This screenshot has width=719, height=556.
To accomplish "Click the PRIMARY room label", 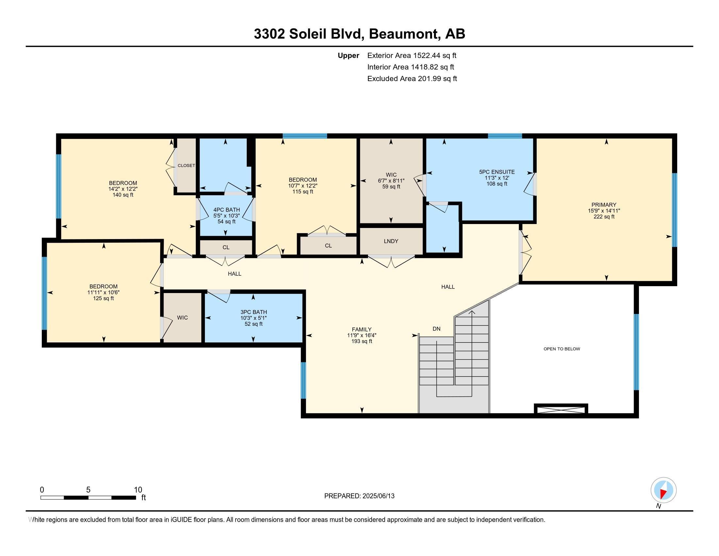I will [x=603, y=204].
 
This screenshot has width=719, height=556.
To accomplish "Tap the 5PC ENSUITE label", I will [x=497, y=172].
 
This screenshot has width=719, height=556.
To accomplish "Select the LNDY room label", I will [x=391, y=241].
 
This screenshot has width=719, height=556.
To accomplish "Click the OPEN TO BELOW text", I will [x=561, y=349].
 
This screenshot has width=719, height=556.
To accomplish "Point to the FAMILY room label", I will [x=361, y=329].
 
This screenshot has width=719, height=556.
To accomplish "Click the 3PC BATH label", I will [x=253, y=312].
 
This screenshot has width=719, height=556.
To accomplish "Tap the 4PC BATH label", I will [x=226, y=210].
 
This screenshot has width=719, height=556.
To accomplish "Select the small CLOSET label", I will [x=186, y=165].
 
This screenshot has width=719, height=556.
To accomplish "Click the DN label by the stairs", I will [x=436, y=329].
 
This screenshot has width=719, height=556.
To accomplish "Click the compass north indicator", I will [x=663, y=490].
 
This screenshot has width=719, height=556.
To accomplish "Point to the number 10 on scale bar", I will [x=138, y=490].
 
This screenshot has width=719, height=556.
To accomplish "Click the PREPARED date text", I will [x=359, y=496].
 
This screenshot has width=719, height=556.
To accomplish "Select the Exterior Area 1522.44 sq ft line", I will [x=411, y=55].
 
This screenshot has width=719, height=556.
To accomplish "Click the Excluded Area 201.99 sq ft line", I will [x=412, y=78].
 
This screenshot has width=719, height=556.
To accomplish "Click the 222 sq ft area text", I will [x=604, y=217].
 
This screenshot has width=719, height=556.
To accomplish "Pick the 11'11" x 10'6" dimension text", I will [x=103, y=292].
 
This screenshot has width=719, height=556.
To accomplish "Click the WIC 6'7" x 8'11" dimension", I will [x=391, y=181].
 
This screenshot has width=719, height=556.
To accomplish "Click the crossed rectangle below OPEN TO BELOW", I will [x=560, y=409].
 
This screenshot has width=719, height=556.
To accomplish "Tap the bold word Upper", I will [x=348, y=55].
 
